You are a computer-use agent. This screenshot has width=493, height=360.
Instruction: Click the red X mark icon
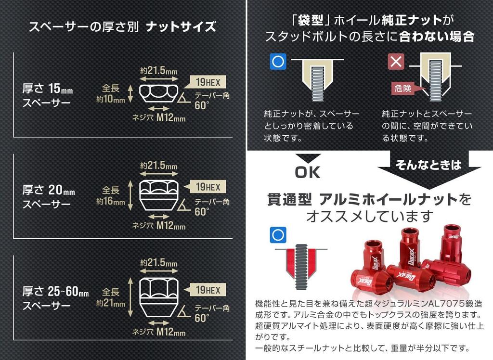[396, 61]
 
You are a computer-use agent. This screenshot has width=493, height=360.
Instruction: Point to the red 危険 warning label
[403, 89]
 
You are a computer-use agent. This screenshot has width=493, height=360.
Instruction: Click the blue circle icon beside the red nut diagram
[278, 235]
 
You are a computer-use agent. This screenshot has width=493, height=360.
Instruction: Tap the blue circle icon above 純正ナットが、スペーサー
[278, 61]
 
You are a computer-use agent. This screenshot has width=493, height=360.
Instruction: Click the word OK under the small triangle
[308, 172]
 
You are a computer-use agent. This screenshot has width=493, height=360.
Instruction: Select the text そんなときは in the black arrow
[428, 165]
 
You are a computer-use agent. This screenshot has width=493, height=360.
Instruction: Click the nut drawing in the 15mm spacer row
[158, 93]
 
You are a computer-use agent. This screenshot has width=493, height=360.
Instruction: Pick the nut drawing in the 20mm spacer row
[158, 195]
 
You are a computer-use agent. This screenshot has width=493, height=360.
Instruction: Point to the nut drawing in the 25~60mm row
[158, 297]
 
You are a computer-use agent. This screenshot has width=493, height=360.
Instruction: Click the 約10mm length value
[111, 99]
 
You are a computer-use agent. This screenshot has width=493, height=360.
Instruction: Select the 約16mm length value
[111, 201]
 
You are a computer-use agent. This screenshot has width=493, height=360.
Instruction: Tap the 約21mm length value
[111, 303]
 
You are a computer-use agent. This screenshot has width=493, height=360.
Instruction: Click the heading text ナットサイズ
[181, 27]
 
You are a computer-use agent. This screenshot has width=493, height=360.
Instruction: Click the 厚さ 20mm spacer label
[49, 190]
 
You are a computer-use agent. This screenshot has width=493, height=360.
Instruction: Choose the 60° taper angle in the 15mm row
[202, 105]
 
